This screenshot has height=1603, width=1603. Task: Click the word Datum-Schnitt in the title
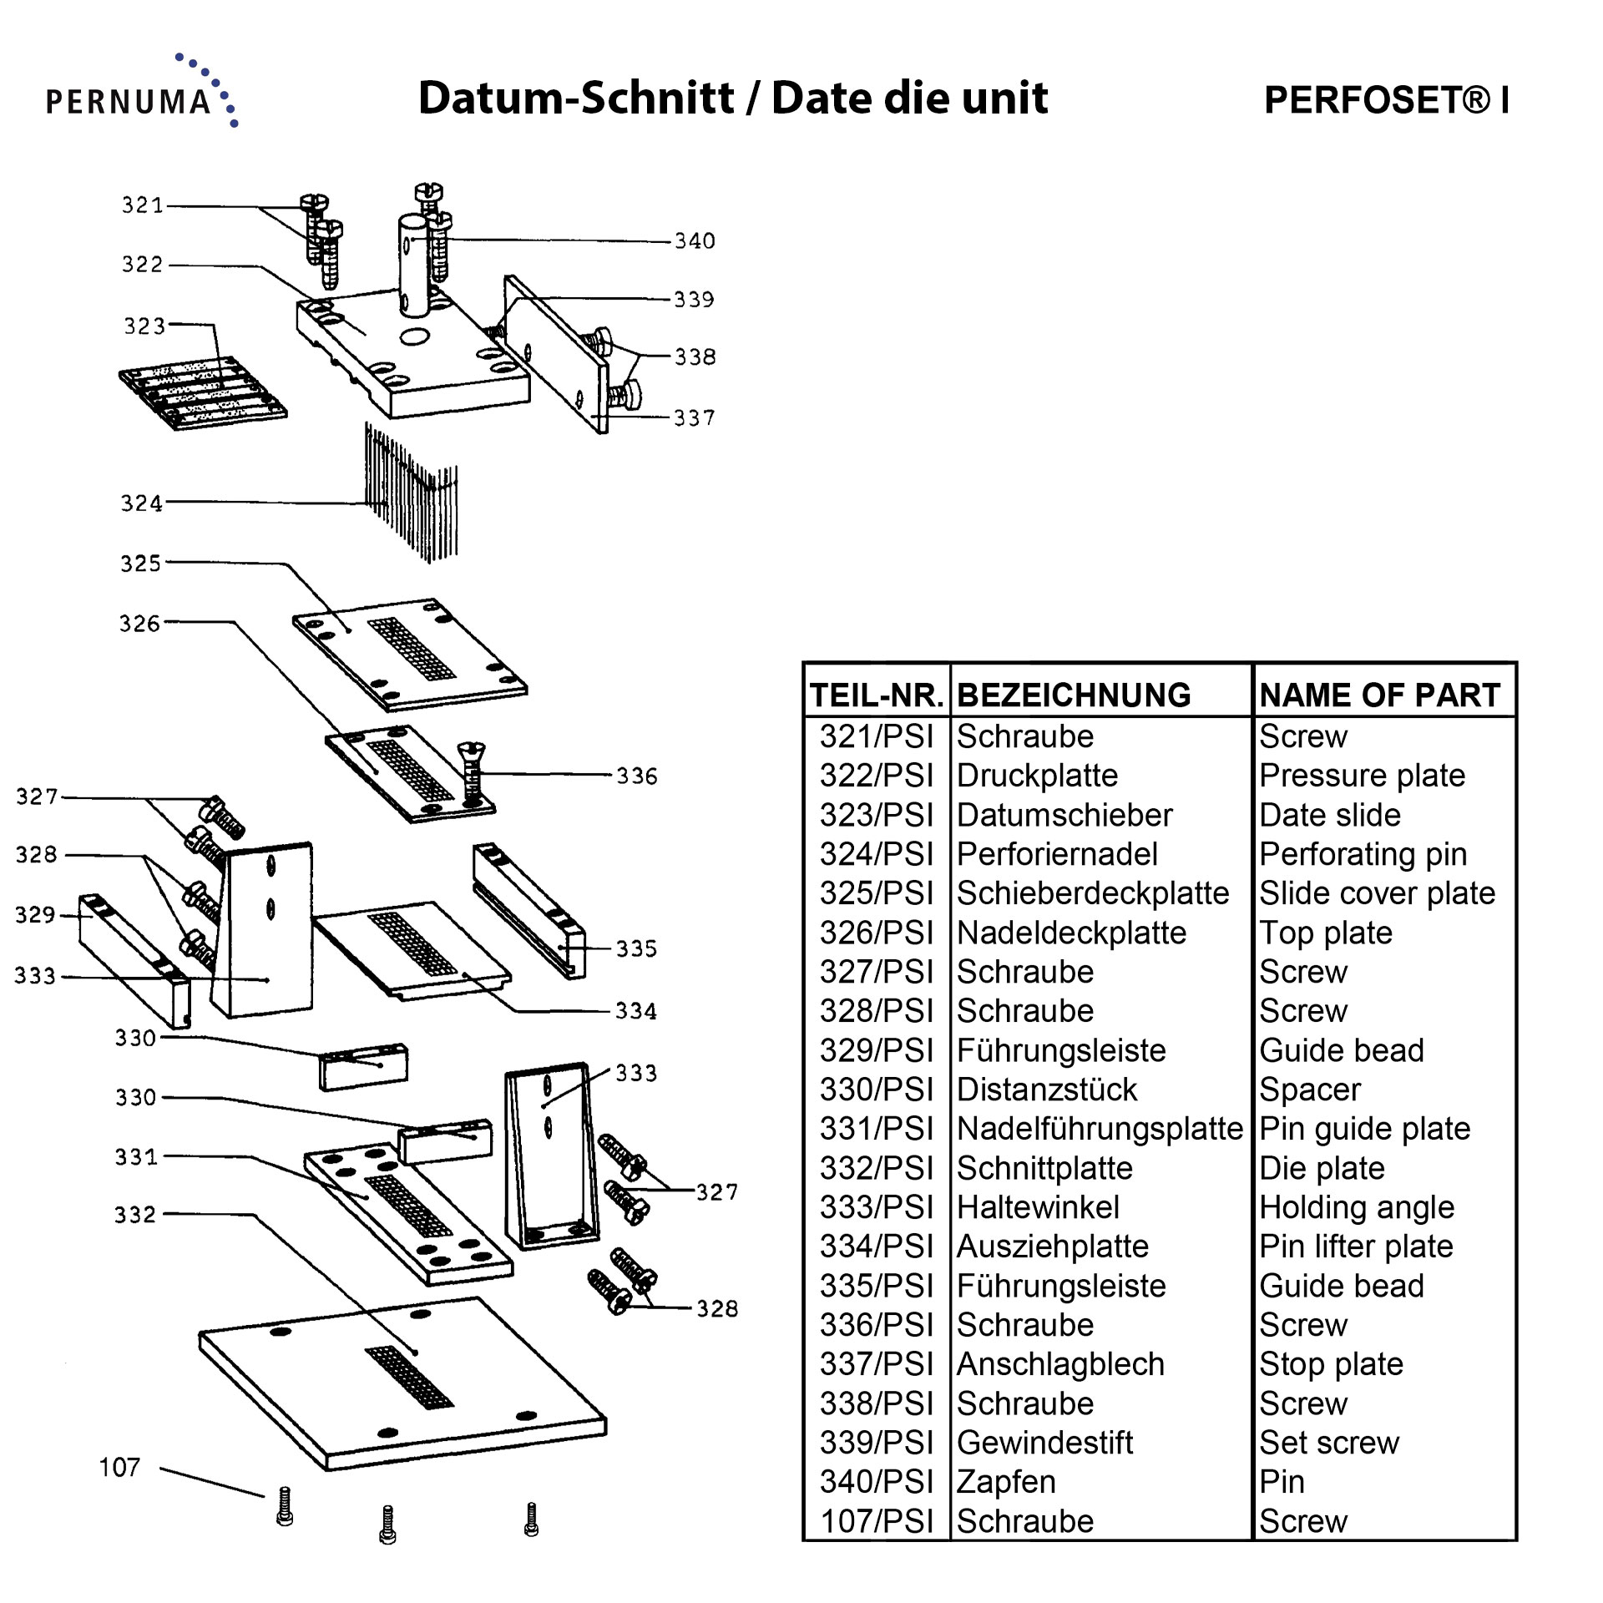point(576,99)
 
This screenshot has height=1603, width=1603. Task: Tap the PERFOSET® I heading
point(1386,100)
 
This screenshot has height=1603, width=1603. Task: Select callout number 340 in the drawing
point(695,241)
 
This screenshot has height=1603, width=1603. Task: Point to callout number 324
point(141,503)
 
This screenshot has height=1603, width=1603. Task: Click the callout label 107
point(119,1467)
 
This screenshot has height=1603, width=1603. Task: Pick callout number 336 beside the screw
point(636,776)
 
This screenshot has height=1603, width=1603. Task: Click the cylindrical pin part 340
point(412,265)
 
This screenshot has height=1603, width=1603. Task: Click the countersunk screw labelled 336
point(472,771)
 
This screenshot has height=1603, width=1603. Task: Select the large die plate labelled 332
point(401,1386)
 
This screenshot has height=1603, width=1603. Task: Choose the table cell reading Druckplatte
point(1037,776)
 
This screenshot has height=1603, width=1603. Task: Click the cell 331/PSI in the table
point(876,1129)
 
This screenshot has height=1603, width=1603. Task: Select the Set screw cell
point(1328,1443)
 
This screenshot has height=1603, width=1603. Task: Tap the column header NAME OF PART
point(1380,695)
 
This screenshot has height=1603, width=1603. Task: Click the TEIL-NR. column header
point(877,695)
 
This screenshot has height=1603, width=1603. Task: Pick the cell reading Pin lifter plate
point(1356,1246)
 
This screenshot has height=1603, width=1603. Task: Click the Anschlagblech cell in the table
point(1060,1364)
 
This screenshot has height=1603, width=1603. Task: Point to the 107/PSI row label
point(876,1521)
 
